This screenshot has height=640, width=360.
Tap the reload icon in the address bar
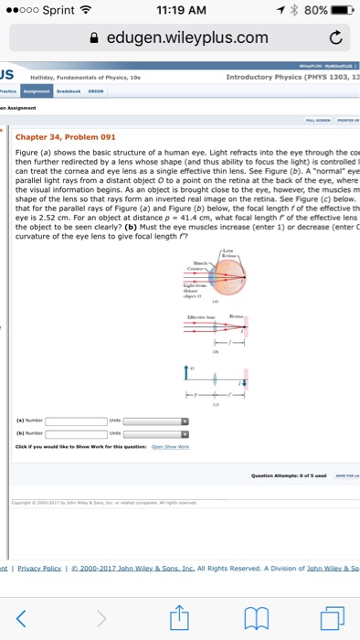(x=337, y=37)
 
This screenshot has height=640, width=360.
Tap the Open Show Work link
(x=170, y=446)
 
